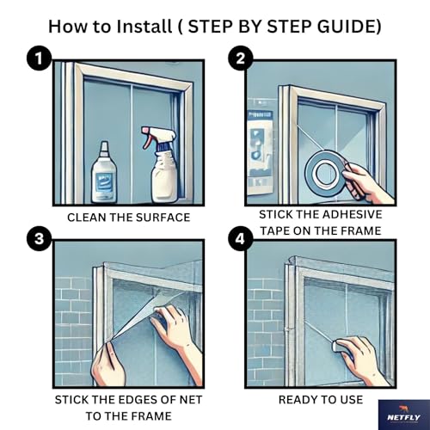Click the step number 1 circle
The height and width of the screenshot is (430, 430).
tap(39, 59)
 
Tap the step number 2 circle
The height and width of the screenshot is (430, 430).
tap(241, 59)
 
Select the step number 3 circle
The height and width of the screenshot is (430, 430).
tap(39, 238)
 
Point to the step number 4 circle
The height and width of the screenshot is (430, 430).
tap(241, 238)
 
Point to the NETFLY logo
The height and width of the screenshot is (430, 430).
tap(404, 415)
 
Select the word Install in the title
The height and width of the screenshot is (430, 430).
tap(144, 27)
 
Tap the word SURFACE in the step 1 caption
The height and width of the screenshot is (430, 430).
tap(163, 218)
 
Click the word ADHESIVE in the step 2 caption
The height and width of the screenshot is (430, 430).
tap(354, 214)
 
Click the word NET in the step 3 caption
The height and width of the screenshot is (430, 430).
tap(191, 400)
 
